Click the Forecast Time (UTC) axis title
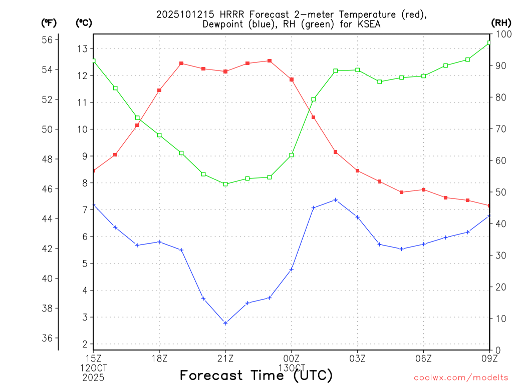(256, 375)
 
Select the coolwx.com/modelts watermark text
(461, 377)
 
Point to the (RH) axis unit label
(500, 22)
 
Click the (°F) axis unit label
(49, 22)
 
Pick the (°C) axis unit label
(84, 22)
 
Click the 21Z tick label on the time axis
(225, 358)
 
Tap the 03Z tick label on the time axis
(358, 358)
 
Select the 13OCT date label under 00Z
(292, 367)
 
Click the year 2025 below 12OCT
(93, 376)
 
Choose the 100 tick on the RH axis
(502, 34)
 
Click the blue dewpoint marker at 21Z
(225, 323)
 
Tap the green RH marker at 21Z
(225, 184)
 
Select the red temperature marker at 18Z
(159, 90)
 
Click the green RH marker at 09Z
(489, 42)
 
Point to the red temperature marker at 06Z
(424, 189)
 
